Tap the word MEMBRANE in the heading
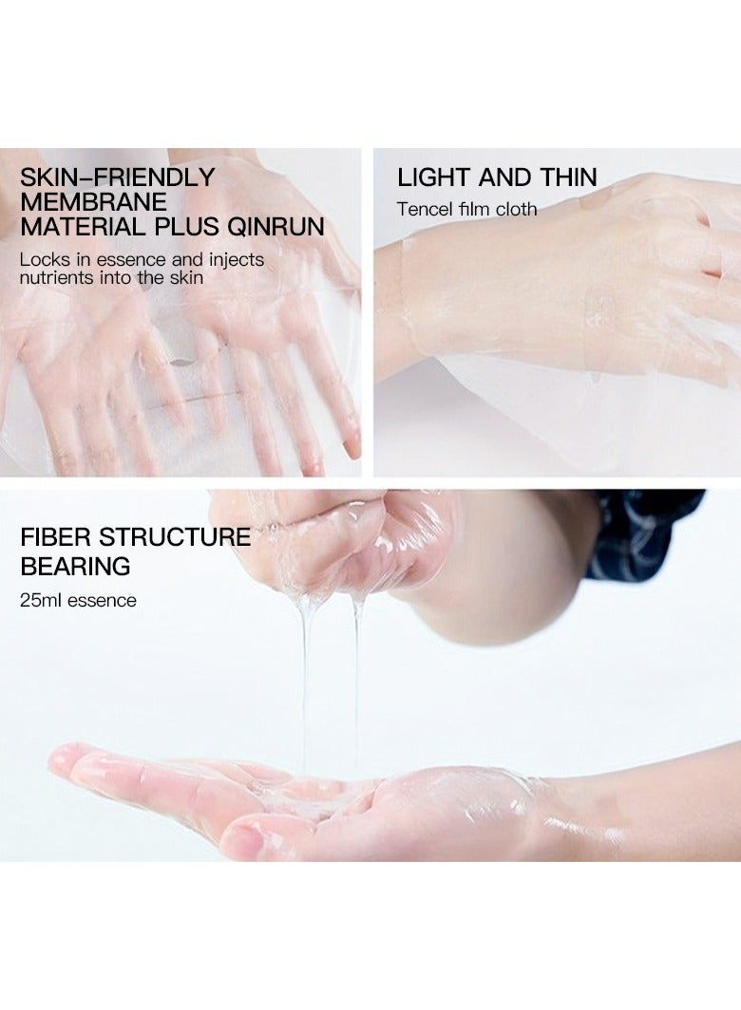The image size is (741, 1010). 93,202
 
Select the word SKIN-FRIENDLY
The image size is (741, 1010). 118,178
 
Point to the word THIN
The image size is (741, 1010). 566,178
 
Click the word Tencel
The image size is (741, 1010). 424,209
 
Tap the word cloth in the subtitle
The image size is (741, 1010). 516,209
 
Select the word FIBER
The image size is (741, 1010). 56,537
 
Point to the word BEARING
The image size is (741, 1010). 75,567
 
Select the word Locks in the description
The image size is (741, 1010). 42,259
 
